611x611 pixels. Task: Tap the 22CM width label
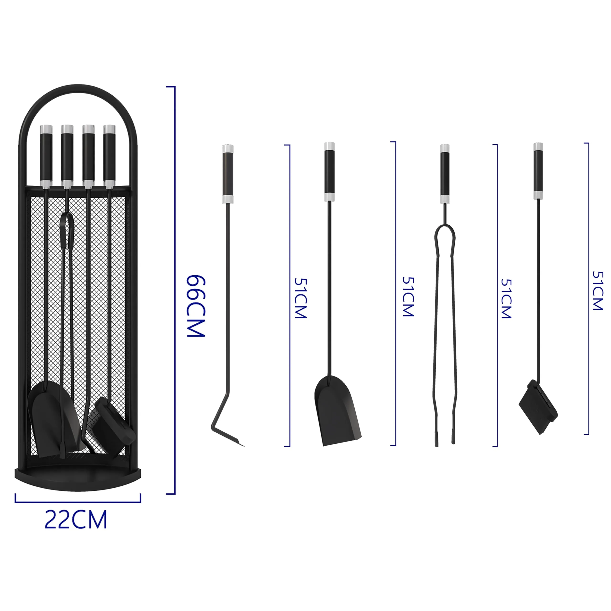[x=76, y=520]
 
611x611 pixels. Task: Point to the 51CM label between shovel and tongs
[x=408, y=297]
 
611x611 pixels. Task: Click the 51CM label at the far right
[x=598, y=290]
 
